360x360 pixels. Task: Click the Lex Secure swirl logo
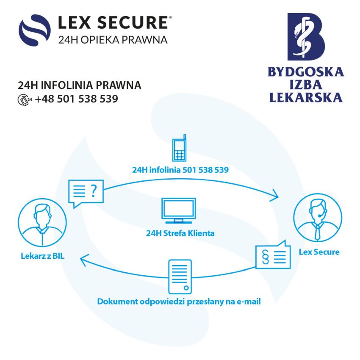coord(35,30)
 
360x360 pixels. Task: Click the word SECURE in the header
coord(133,22)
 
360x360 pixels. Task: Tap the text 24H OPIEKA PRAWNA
coord(113,40)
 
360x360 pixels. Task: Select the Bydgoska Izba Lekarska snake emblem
coord(306,37)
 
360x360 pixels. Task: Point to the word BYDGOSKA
coord(306,72)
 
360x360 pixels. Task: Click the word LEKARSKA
coord(306,97)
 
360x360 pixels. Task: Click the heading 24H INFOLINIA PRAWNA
coord(80,85)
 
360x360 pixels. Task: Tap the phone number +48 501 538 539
coord(77,99)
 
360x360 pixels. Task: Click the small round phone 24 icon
coord(24,100)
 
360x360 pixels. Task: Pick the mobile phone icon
coord(179,148)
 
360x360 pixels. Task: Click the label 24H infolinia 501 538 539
coord(180,170)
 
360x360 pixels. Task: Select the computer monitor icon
coord(179,210)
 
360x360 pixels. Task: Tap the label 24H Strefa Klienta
coord(180,233)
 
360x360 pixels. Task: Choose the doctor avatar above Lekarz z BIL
coord(42,222)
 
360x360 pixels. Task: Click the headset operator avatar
coord(318,217)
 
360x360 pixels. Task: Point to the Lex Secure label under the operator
coord(319,252)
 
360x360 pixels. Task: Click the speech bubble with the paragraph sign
coord(273,255)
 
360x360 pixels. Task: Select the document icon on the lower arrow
coord(180,277)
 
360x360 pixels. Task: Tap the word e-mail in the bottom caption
coord(249,302)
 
